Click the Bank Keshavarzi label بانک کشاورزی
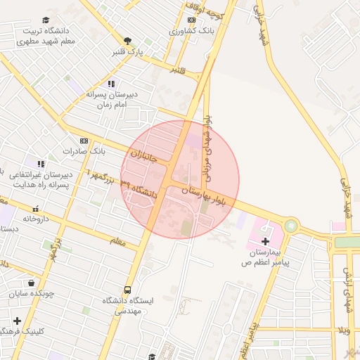tap(187, 32)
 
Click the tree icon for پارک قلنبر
tap(127, 41)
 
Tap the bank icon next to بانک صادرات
tap(84, 141)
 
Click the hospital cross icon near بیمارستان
tap(265, 241)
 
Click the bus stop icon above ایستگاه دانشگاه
tap(127, 290)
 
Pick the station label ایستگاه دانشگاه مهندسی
tap(127, 304)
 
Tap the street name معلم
tap(117, 241)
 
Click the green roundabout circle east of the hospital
tap(290, 226)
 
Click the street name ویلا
tap(343, 330)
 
